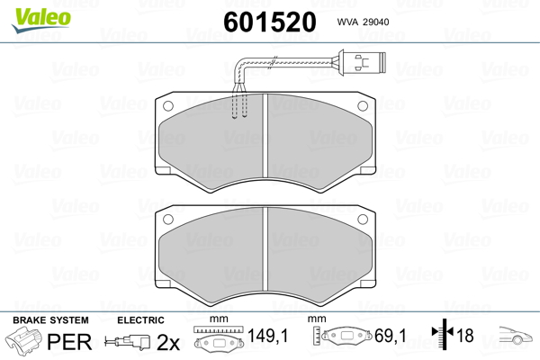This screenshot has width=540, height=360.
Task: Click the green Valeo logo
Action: tap(41, 19)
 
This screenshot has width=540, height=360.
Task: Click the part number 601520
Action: tap(270, 22)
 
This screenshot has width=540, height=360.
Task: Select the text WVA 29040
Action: tap(363, 22)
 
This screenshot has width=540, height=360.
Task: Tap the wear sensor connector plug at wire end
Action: tap(363, 62)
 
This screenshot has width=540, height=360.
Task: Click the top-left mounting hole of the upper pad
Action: tap(168, 106)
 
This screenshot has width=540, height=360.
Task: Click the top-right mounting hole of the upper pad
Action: tap(363, 106)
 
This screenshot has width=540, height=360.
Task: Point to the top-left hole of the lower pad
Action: tap(168, 219)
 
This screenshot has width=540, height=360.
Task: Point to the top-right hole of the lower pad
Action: tap(363, 219)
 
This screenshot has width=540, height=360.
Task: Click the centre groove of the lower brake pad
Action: tap(265, 248)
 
